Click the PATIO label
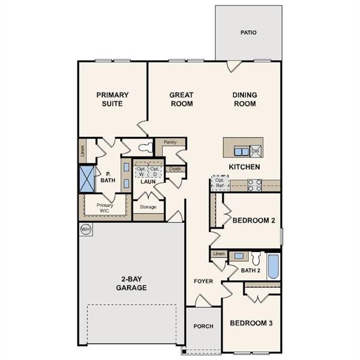[248, 32]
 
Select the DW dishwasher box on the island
[255, 151]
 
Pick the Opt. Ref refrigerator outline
[220, 183]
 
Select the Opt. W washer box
[141, 171]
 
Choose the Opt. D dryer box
[155, 171]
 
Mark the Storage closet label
[148, 207]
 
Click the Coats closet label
[175, 169]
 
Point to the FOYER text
[203, 281]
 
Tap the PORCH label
[203, 326]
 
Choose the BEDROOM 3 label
[251, 323]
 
